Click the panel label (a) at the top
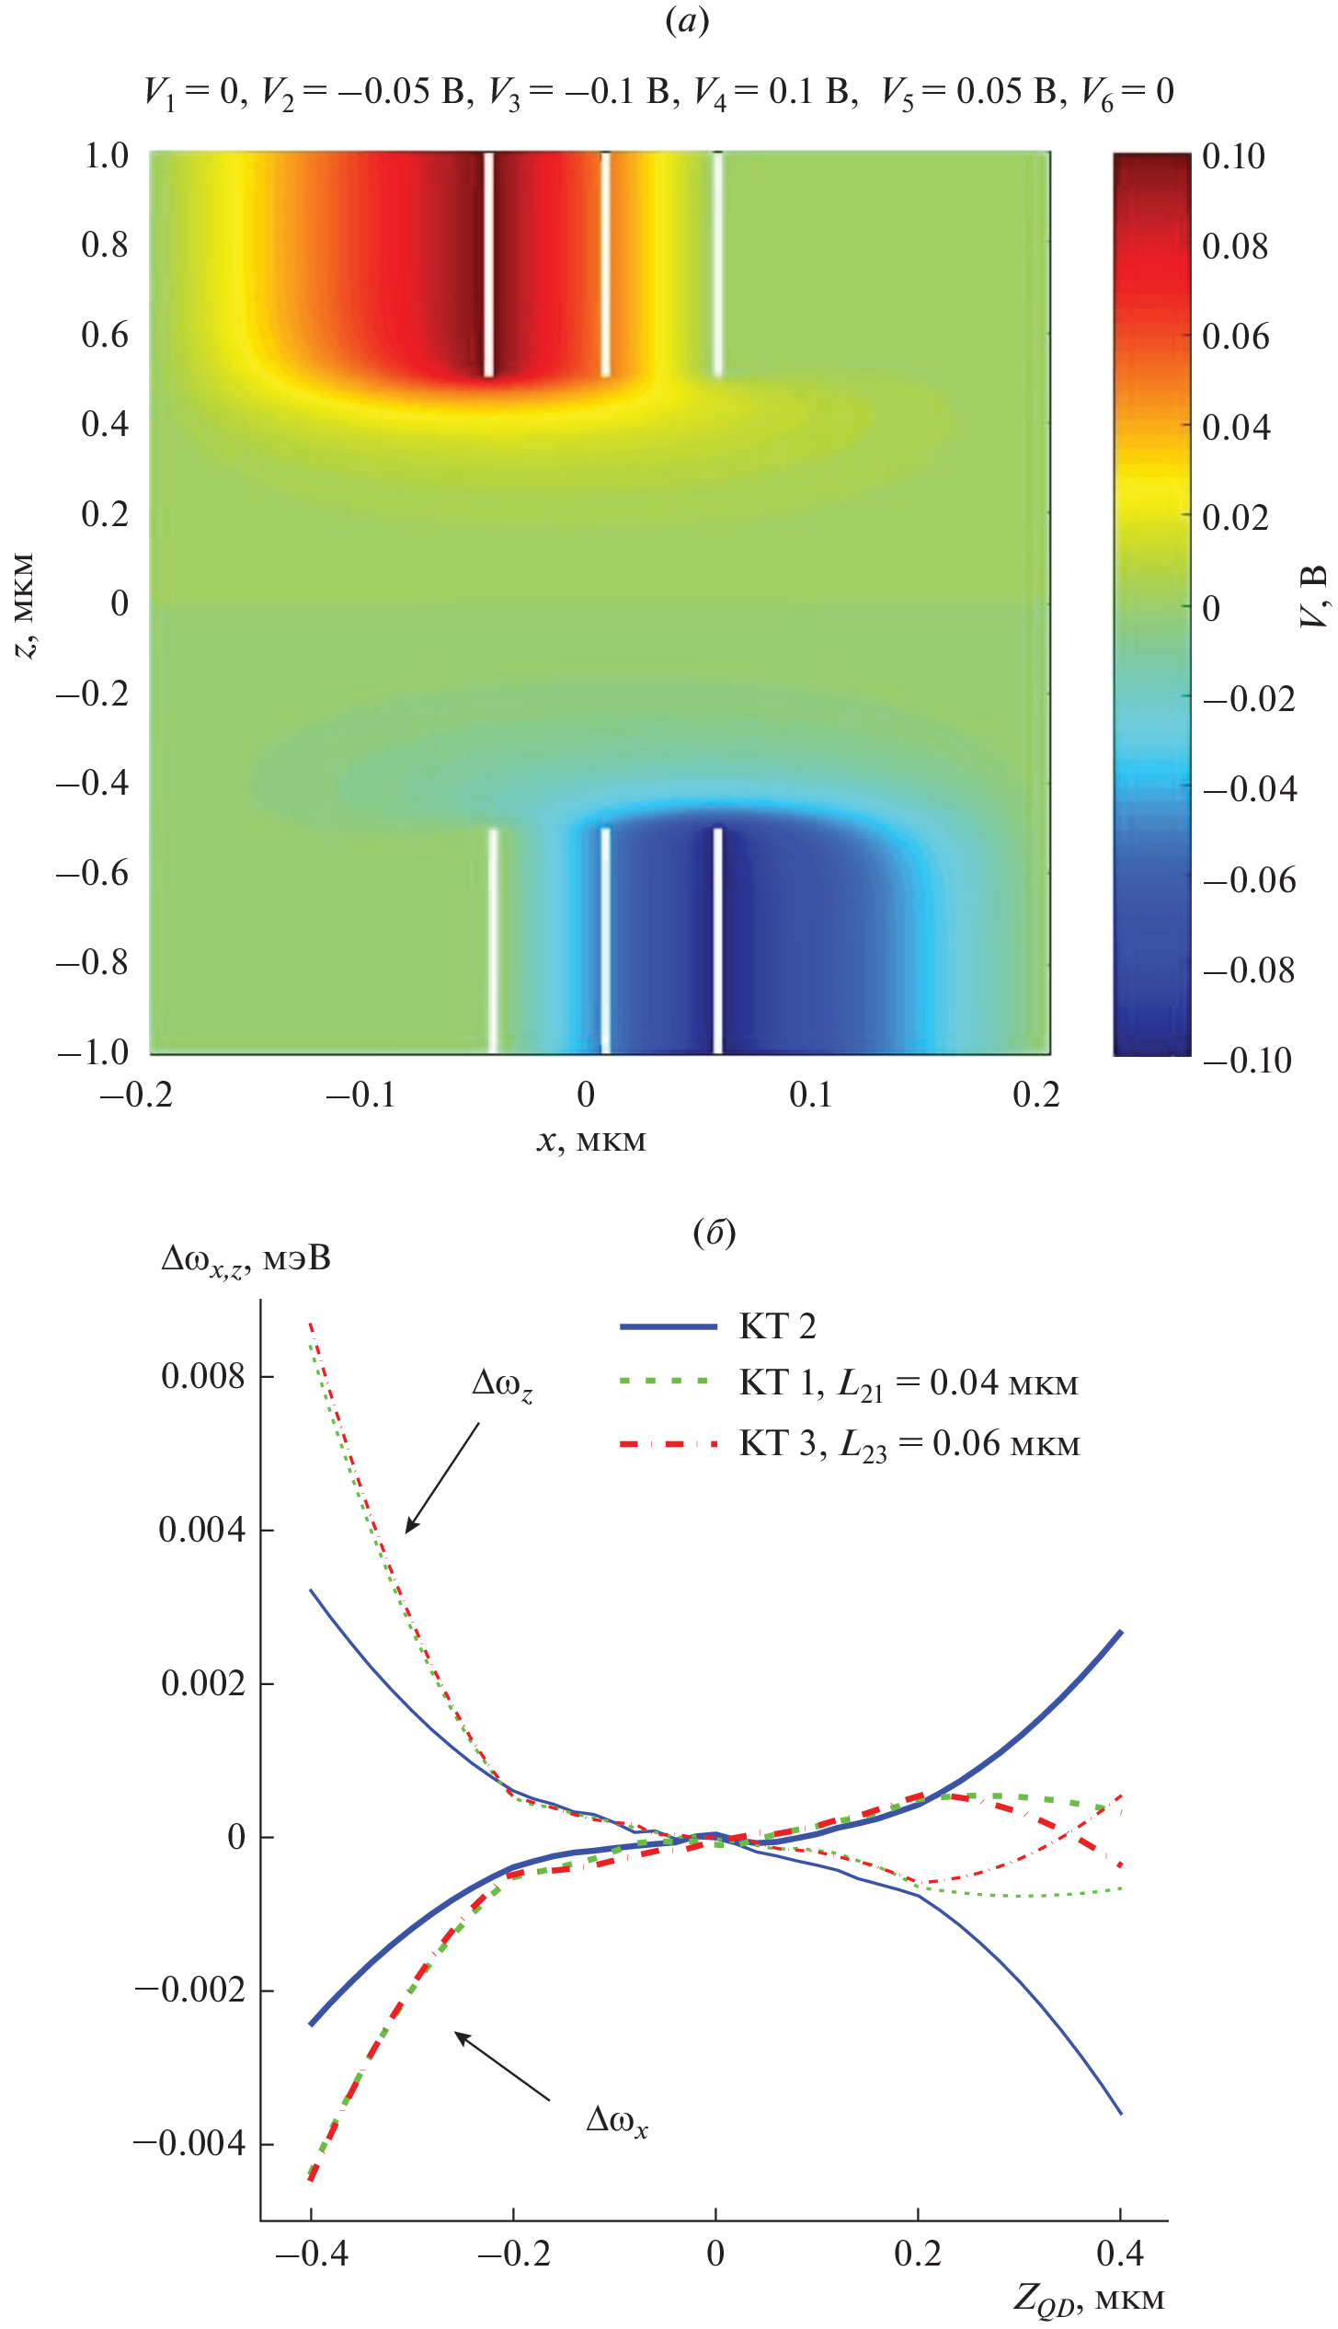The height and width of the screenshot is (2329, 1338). [687, 20]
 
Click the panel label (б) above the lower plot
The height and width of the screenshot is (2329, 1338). [714, 1233]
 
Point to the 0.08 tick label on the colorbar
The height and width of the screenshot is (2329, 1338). [1234, 247]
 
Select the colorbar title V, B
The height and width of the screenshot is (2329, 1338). [1314, 596]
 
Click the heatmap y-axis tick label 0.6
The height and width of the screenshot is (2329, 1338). [105, 335]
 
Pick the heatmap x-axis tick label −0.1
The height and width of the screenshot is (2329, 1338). [360, 1096]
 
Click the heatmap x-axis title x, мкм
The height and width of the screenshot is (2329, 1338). [591, 1141]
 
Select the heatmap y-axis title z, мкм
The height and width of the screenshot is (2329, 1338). [26, 605]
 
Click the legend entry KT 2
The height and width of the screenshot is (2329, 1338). [777, 1326]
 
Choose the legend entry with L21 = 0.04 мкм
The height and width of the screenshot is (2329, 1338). [908, 1383]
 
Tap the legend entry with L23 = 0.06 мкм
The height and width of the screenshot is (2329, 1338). [909, 1444]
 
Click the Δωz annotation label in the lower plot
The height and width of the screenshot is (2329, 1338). [502, 1385]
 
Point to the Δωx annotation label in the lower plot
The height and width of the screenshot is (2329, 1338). [617, 2121]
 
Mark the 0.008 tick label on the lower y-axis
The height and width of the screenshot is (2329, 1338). [202, 1377]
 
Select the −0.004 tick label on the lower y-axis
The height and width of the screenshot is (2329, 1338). [190, 2143]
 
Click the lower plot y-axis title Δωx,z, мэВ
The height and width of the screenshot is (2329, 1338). [246, 1258]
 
